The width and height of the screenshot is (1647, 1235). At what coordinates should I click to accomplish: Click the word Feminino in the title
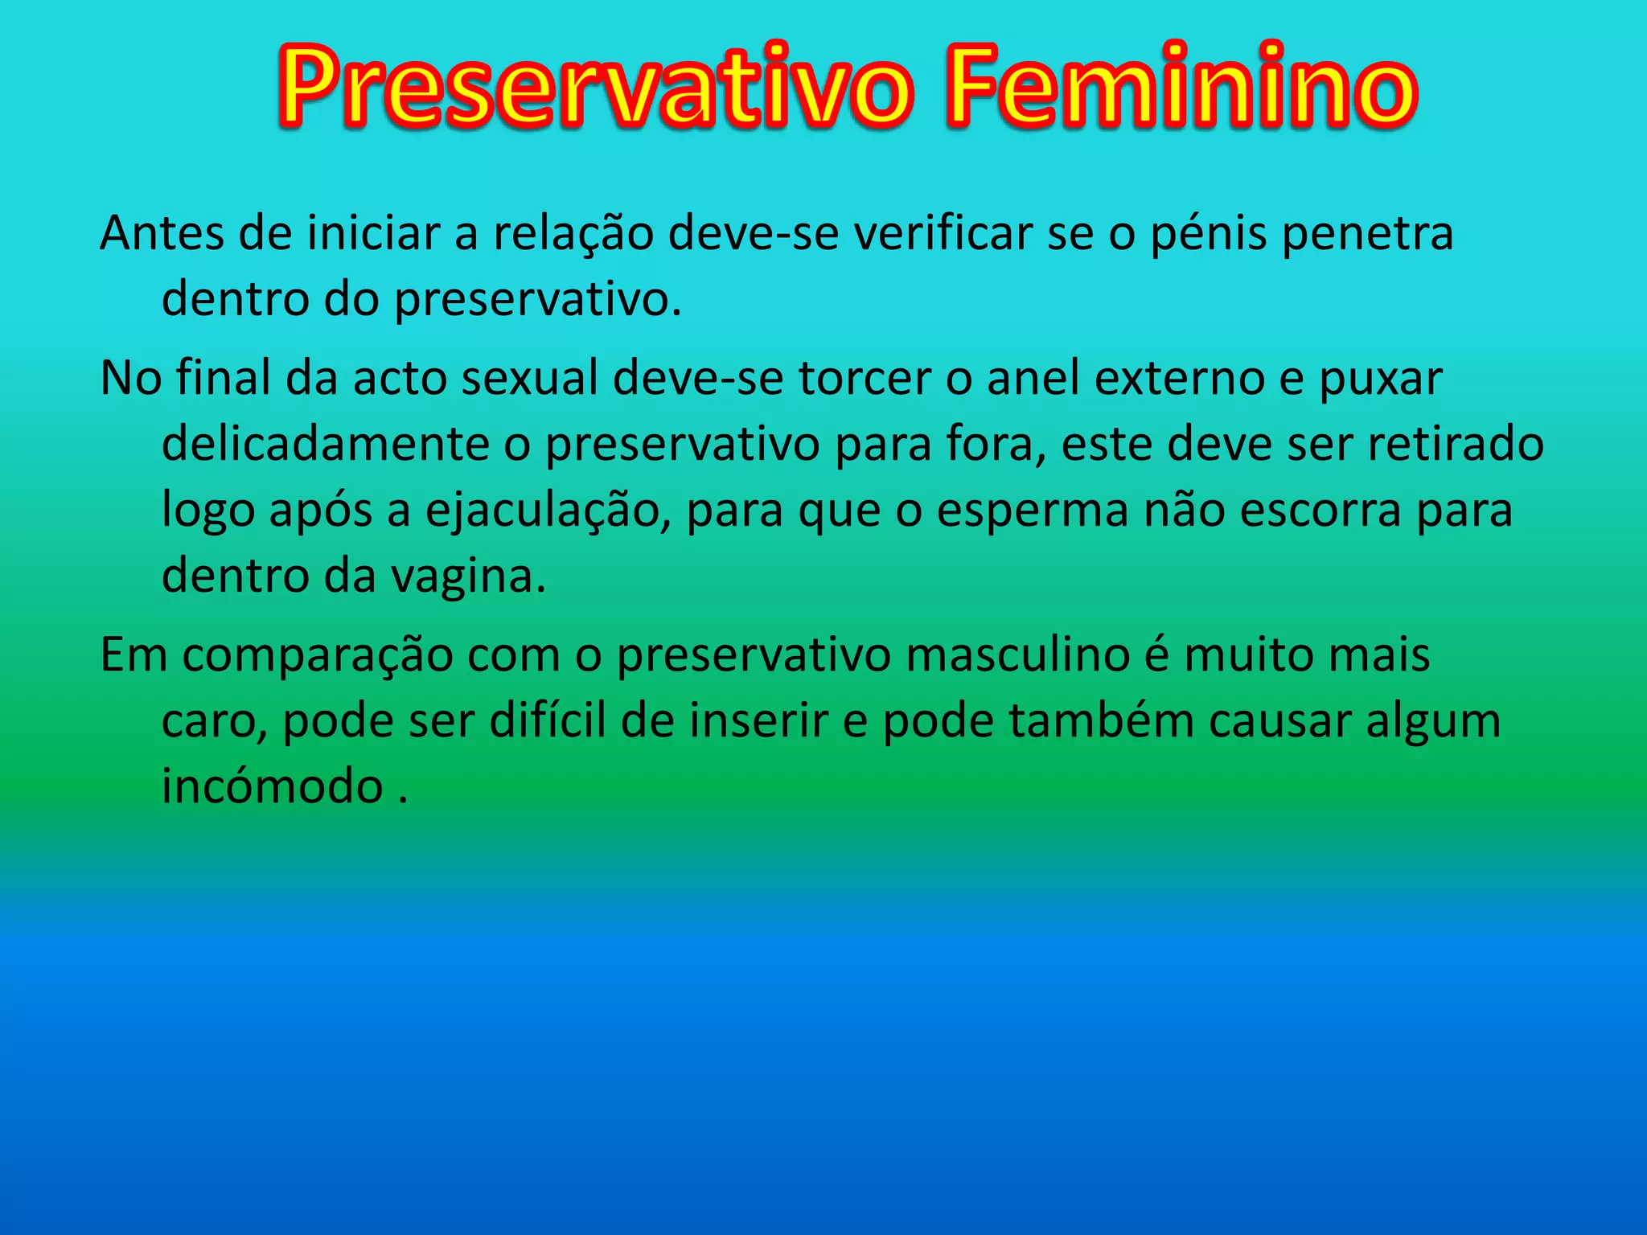(x=1181, y=87)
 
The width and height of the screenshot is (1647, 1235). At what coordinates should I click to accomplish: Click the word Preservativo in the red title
(x=595, y=87)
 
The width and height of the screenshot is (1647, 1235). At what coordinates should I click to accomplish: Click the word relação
(x=573, y=234)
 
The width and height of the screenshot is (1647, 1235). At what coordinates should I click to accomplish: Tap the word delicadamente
(x=326, y=445)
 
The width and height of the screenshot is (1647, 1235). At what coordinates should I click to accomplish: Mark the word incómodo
(x=273, y=786)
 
